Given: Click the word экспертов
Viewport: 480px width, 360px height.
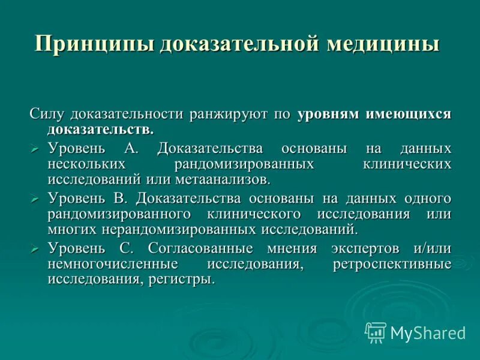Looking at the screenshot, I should [344, 248].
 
